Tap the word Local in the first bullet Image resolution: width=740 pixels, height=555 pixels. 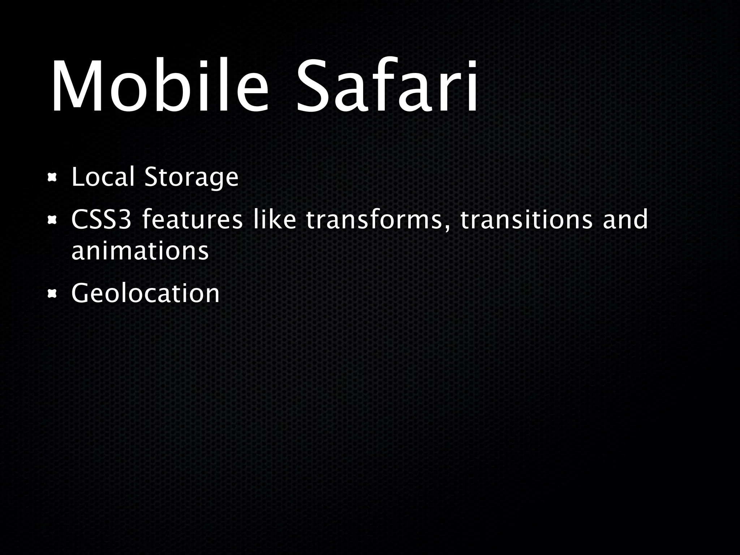[x=103, y=177]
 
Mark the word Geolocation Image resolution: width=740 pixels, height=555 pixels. [x=145, y=293]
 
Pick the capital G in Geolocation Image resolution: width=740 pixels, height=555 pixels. [x=82, y=293]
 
